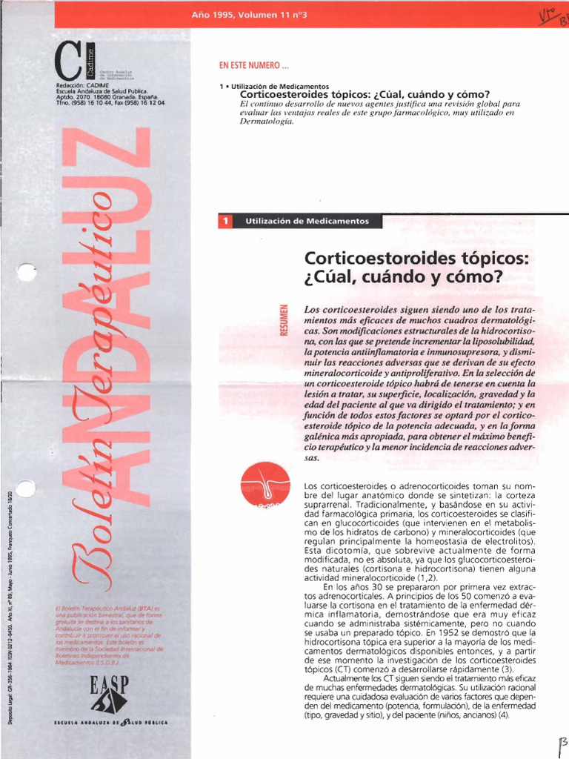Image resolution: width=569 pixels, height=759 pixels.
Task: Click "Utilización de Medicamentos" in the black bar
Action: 307,221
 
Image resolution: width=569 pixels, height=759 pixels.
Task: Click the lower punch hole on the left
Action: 26,488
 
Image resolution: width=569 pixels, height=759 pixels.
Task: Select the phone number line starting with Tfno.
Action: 110,102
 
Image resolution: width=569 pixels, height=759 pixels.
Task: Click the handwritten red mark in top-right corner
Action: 552,12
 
